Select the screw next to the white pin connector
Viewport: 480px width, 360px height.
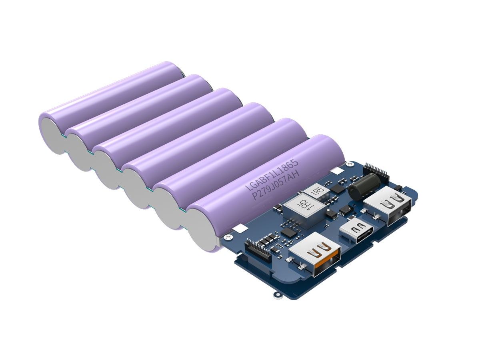(x=228, y=237)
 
